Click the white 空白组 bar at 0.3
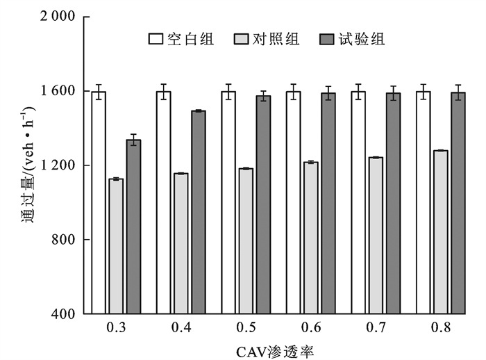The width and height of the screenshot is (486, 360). (99, 202)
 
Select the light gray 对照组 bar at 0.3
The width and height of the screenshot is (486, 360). (116, 246)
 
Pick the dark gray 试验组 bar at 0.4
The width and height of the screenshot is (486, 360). (199, 212)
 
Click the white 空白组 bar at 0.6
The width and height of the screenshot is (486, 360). (294, 202)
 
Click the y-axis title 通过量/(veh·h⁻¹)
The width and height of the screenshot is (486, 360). (24, 165)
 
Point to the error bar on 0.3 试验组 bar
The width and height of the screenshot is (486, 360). (133, 140)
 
